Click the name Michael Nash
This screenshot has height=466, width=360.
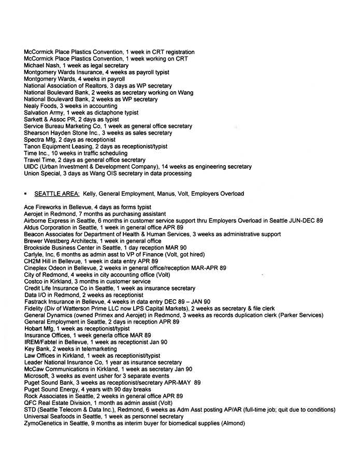[41, 66]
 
